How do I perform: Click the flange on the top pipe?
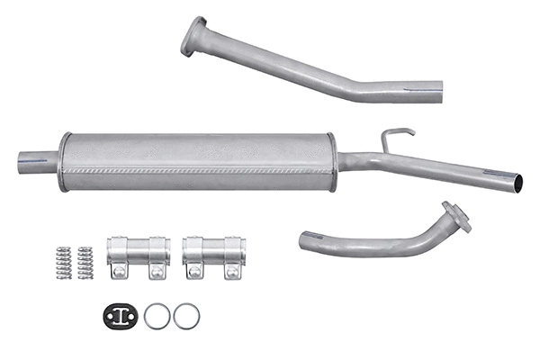(x=193, y=36)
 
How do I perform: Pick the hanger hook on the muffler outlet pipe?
(x=394, y=138)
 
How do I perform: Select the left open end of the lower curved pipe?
(x=307, y=239)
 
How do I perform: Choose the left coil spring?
(x=63, y=262)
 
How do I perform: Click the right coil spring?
(x=85, y=262)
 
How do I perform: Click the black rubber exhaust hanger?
(x=121, y=315)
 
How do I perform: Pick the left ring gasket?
(x=157, y=315)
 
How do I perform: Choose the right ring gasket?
(x=186, y=315)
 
